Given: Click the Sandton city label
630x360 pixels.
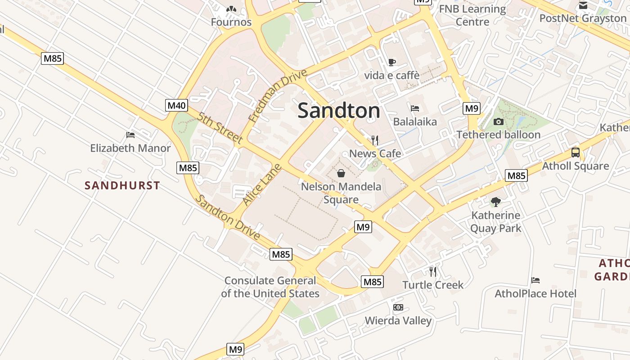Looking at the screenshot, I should click(x=338, y=110).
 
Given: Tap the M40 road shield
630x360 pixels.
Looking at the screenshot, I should click(x=176, y=106).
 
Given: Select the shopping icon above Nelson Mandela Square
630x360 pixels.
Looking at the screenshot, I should click(x=341, y=173).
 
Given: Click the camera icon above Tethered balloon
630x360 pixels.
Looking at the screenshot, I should click(x=498, y=121).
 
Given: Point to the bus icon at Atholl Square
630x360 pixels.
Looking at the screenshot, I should click(x=575, y=152).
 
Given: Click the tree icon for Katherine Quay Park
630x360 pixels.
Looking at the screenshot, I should click(x=495, y=202).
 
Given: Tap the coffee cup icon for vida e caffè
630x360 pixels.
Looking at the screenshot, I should click(x=391, y=62).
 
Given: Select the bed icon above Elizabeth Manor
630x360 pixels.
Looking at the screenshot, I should click(x=130, y=135).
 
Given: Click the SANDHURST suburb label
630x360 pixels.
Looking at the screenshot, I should click(x=122, y=185).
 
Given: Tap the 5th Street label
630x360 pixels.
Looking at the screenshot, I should click(x=220, y=128).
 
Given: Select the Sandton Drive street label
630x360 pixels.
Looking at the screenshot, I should click(x=229, y=218).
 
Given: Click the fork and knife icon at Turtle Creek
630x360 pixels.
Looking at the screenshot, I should click(x=432, y=271).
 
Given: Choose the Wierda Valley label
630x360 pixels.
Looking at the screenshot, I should click(x=398, y=320).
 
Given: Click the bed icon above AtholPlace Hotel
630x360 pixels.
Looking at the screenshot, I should click(x=535, y=280).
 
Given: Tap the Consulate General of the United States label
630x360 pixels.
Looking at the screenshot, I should click(x=270, y=287).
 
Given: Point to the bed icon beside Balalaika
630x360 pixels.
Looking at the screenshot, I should click(x=415, y=108).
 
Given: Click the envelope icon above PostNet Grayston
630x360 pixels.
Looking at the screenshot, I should click(x=583, y=5).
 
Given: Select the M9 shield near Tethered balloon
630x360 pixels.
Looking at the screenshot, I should click(x=471, y=108).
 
